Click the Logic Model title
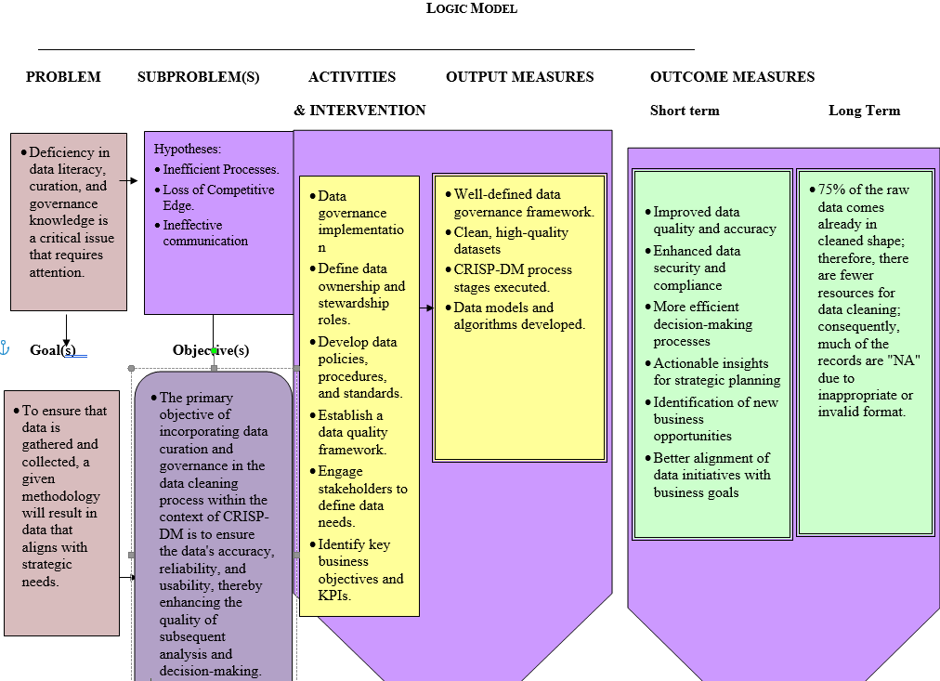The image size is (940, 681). (471, 8)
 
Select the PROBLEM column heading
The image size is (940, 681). (63, 77)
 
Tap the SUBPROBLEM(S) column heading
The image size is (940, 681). (198, 77)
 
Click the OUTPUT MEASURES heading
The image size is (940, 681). (519, 77)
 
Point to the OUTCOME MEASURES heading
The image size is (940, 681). (732, 77)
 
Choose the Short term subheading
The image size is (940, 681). (685, 111)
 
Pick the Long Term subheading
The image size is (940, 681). (864, 111)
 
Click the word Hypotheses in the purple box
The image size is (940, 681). (187, 149)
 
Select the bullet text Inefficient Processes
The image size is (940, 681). (221, 169)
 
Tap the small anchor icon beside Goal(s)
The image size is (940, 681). (4, 348)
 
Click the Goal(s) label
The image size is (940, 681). (53, 350)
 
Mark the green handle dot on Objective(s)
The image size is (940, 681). (214, 350)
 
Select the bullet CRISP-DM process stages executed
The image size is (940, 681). (513, 279)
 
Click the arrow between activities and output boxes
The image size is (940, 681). (425, 308)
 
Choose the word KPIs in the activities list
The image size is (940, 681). (333, 596)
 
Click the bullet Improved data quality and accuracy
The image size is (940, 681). (714, 220)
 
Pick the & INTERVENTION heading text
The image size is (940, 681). (359, 111)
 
